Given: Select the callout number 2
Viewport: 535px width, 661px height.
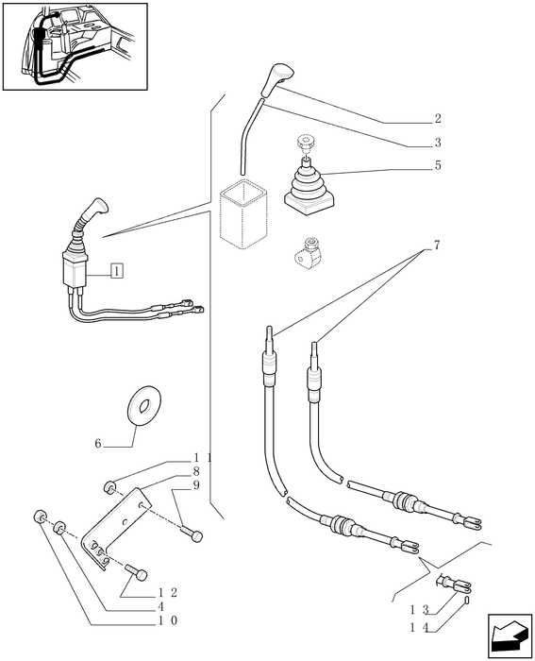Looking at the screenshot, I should [x=438, y=119].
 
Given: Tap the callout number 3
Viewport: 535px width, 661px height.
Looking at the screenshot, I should [x=438, y=144].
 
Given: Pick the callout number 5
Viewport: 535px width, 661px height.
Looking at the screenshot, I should [x=438, y=165].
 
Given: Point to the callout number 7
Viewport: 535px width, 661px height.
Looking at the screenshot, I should [x=437, y=246].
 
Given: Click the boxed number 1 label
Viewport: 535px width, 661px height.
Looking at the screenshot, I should [x=115, y=271].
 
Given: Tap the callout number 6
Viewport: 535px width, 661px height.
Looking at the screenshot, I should [x=97, y=443].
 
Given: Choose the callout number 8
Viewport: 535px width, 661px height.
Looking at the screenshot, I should [x=195, y=470].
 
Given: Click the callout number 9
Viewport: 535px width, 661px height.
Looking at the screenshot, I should [x=195, y=484].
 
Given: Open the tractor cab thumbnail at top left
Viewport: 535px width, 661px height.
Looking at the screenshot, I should [x=75, y=46].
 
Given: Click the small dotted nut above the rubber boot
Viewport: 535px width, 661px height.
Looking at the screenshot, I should [x=304, y=144].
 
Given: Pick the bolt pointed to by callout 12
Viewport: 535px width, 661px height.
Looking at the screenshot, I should [x=139, y=573].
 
